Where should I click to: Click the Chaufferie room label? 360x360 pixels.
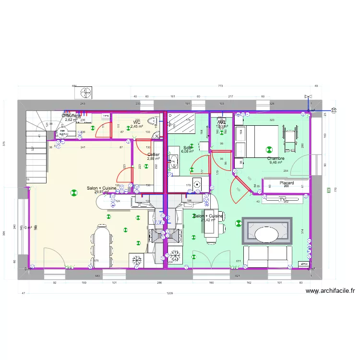click(x=71, y=116)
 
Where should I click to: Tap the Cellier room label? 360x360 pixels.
click(x=153, y=155)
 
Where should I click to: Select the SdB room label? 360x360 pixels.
click(x=187, y=148)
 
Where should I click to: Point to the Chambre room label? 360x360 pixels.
click(x=276, y=158)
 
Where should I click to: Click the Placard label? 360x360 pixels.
click(x=287, y=183)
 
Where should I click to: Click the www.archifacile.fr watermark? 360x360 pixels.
click(x=330, y=291)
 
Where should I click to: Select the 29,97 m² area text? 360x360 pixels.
click(x=101, y=192)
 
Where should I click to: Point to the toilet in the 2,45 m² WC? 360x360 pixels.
click(x=151, y=121)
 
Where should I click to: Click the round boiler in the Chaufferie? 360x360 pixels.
click(x=61, y=133)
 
